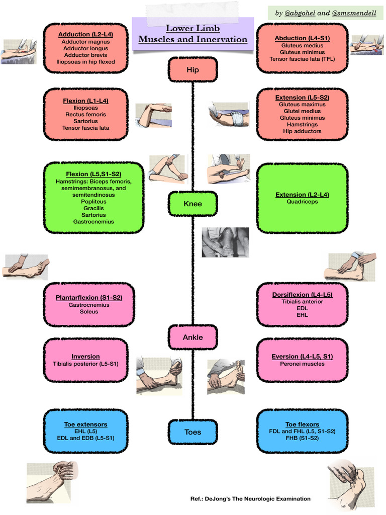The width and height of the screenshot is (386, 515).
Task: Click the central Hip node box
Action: click(192, 70)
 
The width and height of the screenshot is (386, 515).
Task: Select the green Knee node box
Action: click(192, 204)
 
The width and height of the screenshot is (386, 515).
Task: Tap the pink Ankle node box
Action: click(192, 337)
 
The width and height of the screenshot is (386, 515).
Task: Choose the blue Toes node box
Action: click(192, 432)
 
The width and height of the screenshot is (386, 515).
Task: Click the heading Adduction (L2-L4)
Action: click(85, 34)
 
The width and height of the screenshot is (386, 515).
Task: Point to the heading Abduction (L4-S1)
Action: click(302, 38)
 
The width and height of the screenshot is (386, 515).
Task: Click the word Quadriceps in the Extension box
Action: click(302, 202)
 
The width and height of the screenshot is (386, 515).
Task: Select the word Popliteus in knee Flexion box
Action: click(93, 202)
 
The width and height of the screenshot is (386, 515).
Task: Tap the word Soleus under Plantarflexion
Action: click(89, 311)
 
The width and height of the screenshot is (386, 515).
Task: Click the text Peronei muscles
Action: click(302, 364)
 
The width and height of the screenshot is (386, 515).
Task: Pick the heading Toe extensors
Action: click(85, 424)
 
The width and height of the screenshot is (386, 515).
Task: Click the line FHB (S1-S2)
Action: click(302, 438)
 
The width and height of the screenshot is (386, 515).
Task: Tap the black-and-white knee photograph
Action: click(225, 242)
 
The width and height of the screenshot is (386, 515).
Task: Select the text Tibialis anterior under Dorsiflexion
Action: click(302, 302)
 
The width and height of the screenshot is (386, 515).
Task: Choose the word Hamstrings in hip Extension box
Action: click(302, 124)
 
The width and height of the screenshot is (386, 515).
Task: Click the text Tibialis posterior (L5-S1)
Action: click(85, 364)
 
